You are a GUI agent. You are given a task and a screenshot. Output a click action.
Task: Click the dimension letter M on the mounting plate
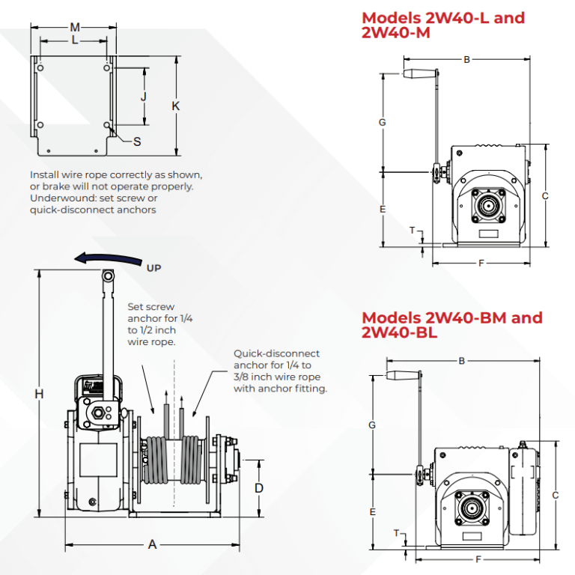click(x=75, y=28)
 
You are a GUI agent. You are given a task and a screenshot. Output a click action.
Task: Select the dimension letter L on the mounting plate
click(x=75, y=40)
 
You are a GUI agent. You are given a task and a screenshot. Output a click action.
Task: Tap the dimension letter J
click(x=144, y=96)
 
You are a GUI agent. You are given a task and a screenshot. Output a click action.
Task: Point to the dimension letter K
click(x=175, y=106)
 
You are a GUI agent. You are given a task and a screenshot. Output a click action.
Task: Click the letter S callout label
click(x=137, y=142)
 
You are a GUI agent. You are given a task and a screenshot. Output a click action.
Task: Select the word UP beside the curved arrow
click(x=153, y=267)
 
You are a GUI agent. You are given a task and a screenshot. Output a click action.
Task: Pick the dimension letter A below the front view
click(x=152, y=545)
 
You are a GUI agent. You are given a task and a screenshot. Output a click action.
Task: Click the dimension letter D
click(x=259, y=488)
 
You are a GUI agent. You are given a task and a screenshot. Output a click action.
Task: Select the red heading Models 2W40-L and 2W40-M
click(x=442, y=25)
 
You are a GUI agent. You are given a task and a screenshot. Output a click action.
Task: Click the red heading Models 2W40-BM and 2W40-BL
click(x=451, y=325)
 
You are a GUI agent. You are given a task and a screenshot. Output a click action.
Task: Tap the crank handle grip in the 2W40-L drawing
click(x=420, y=73)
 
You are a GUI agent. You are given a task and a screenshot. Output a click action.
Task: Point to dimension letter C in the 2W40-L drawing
click(x=546, y=196)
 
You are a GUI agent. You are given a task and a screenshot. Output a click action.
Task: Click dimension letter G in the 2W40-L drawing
click(x=382, y=122)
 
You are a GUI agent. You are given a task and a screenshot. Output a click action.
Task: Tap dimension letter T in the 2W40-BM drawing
click(x=396, y=533)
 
